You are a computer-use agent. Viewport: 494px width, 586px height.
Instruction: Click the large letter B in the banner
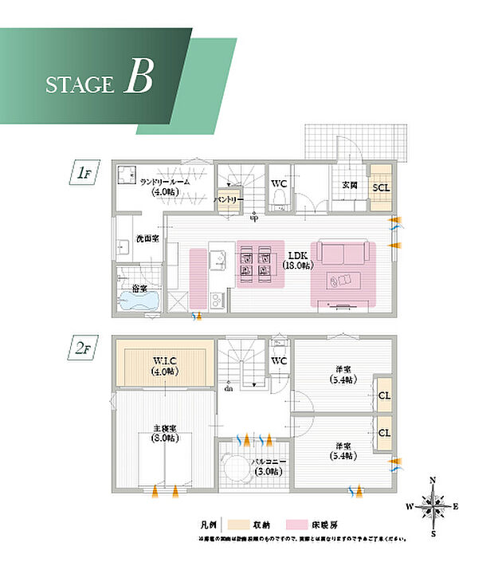coord(138,80)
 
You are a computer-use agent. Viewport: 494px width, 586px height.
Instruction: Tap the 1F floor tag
coord(84,171)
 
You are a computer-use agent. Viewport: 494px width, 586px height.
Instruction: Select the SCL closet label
coord(381,187)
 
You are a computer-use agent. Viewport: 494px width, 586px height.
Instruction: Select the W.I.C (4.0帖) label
coord(164,365)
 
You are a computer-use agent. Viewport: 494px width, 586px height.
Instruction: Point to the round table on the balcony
coord(236,466)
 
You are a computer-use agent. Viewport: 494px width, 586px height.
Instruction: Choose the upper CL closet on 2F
coord(384,395)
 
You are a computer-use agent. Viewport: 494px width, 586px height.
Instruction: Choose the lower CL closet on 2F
coord(384,432)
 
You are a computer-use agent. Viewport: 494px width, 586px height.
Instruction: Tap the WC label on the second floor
coord(278,361)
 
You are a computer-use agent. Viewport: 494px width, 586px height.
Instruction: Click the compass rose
coord(433,505)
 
